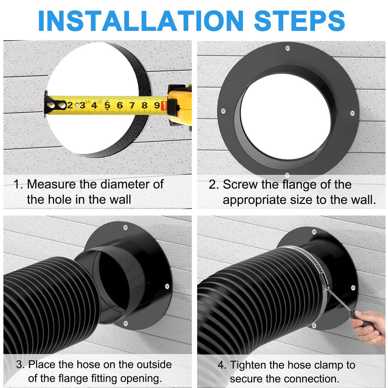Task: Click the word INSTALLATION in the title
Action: [141, 21]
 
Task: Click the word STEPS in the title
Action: [299, 21]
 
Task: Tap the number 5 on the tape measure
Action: [107, 105]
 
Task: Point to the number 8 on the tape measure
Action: [144, 105]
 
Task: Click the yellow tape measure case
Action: [179, 105]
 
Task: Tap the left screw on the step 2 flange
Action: [223, 111]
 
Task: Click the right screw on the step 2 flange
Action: [352, 113]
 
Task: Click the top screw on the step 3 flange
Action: [125, 228]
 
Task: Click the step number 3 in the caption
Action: [20, 364]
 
